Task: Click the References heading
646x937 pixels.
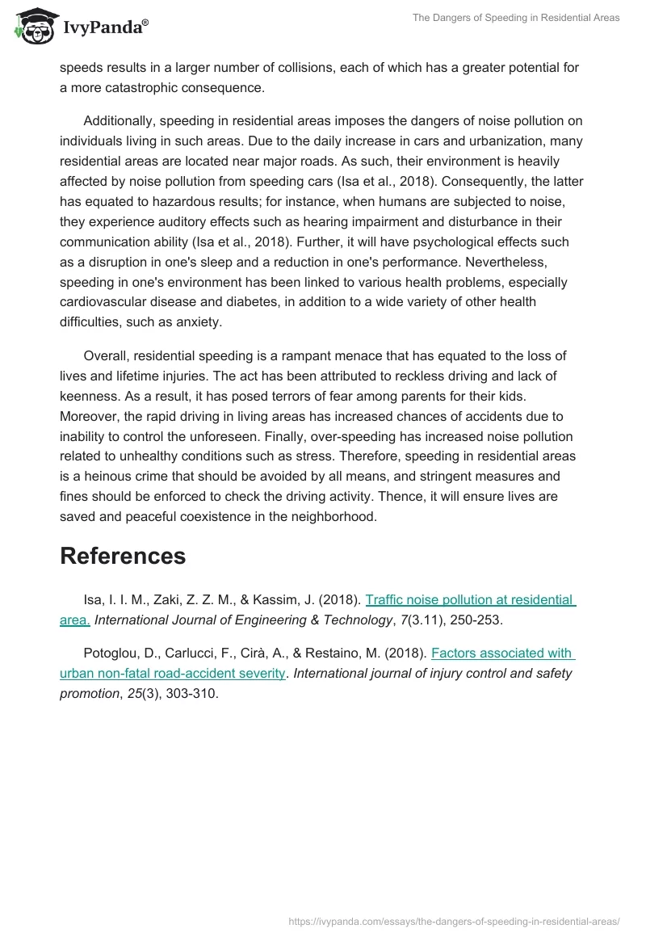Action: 123,556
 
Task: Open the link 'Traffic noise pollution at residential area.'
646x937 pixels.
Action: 470,600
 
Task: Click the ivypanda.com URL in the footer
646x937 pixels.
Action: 454,920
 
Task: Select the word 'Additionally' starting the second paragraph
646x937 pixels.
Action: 120,120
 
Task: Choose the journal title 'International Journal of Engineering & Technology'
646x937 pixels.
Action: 243,620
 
